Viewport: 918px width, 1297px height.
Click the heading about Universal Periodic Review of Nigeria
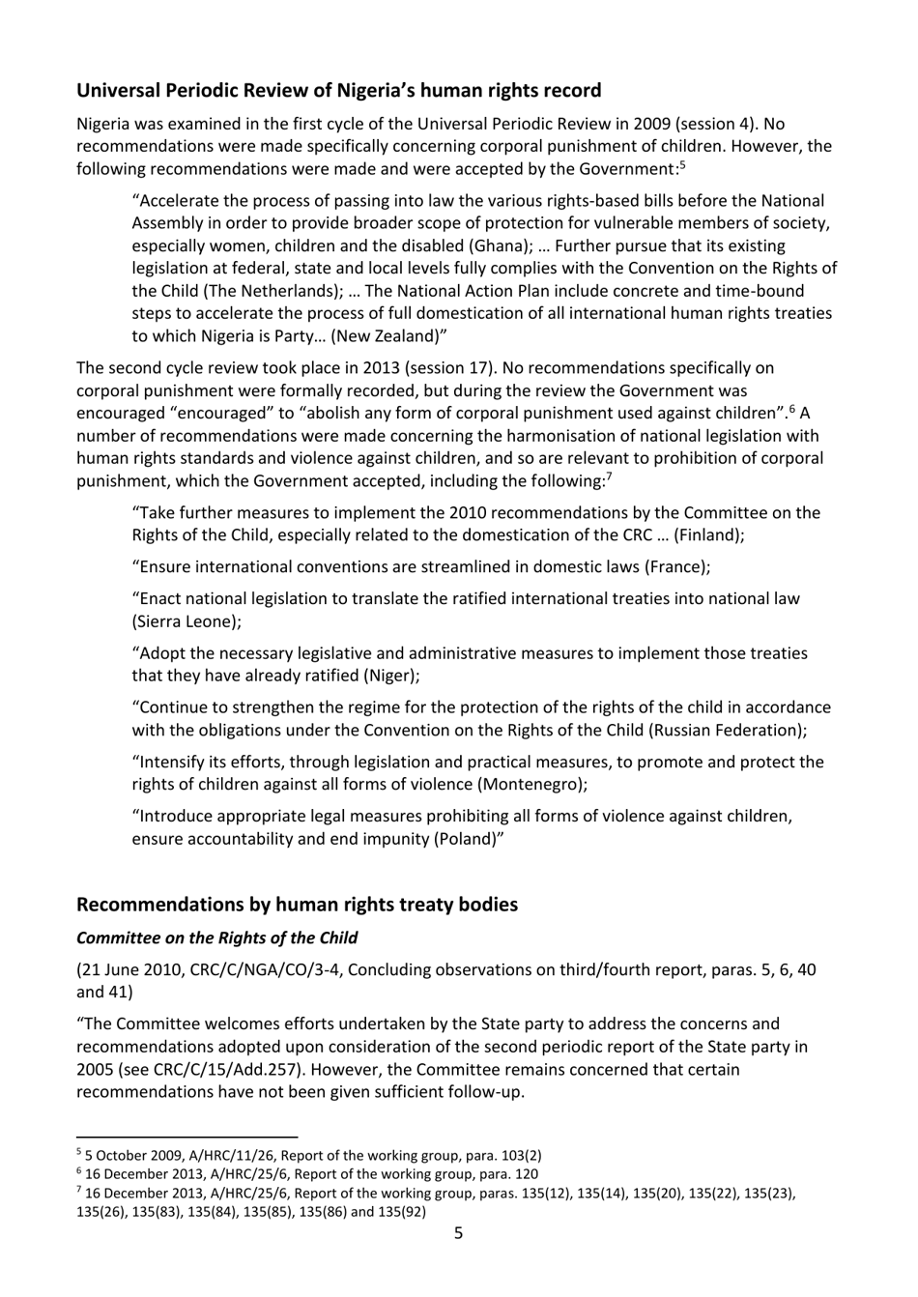coord(338,91)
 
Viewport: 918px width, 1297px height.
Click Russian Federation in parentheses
coord(725,730)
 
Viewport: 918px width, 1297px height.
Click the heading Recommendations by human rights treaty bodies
coord(297,905)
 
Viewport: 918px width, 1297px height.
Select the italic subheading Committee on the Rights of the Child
coord(216,937)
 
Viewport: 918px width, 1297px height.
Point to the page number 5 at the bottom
coord(458,1233)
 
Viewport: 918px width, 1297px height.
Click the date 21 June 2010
coord(127,969)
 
